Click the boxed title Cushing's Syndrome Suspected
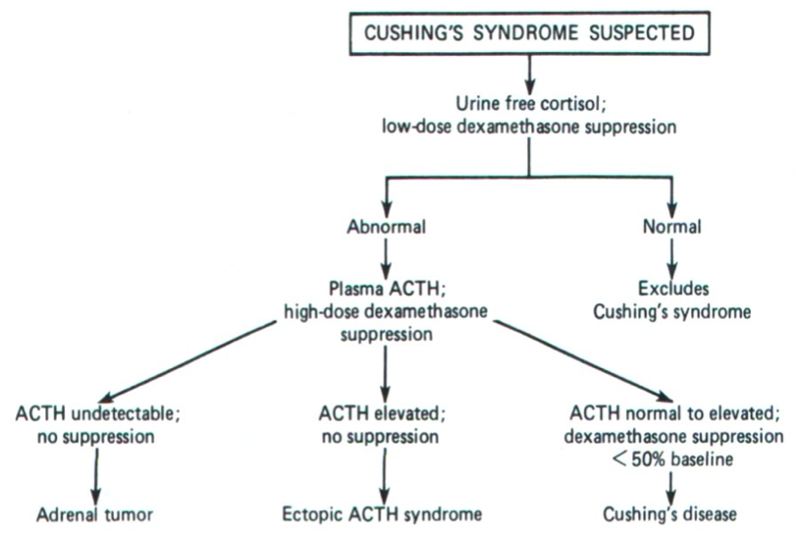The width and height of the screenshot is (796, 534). point(530,31)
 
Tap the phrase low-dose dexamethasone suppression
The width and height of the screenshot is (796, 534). point(530,128)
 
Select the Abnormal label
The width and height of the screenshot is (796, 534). point(385,226)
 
